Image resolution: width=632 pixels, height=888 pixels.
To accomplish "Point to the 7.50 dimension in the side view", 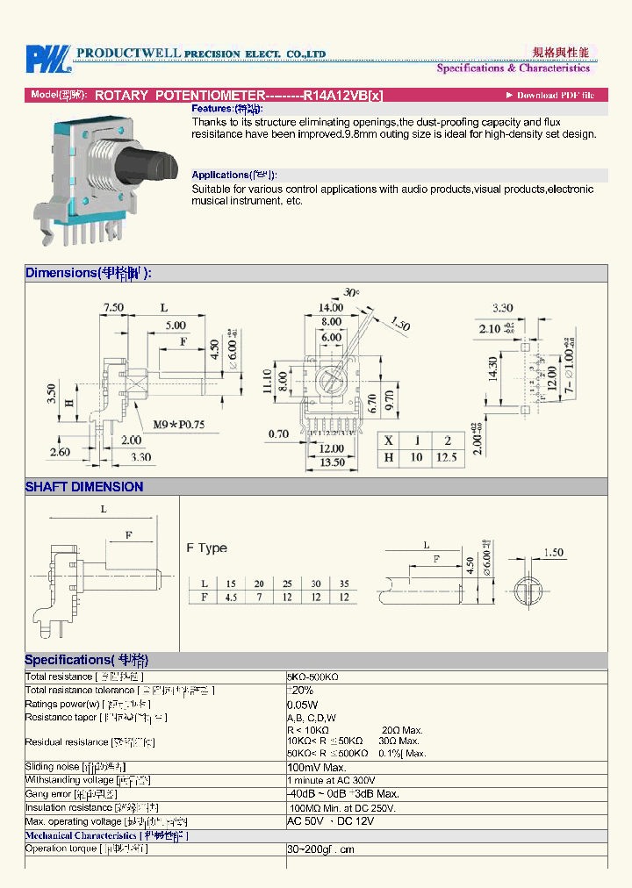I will (x=113, y=308).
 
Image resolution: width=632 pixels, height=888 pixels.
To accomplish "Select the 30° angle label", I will (x=352, y=292).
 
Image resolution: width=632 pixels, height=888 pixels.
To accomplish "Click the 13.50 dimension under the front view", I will (x=331, y=463).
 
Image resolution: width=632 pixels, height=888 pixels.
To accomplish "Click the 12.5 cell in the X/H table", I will (x=447, y=457).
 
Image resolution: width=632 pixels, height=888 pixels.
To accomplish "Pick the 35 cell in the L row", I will (x=344, y=584).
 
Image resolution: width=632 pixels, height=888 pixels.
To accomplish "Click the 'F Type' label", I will (x=206, y=548).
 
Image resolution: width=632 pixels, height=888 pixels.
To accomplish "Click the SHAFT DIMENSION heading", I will (x=84, y=487).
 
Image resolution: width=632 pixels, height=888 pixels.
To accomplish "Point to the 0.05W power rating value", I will (x=302, y=705).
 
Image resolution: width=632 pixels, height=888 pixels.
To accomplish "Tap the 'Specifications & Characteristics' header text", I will (x=513, y=68).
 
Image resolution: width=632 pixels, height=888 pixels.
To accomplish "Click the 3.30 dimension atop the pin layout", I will (x=502, y=308).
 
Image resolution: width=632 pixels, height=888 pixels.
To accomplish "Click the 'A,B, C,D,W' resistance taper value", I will (x=312, y=718).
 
